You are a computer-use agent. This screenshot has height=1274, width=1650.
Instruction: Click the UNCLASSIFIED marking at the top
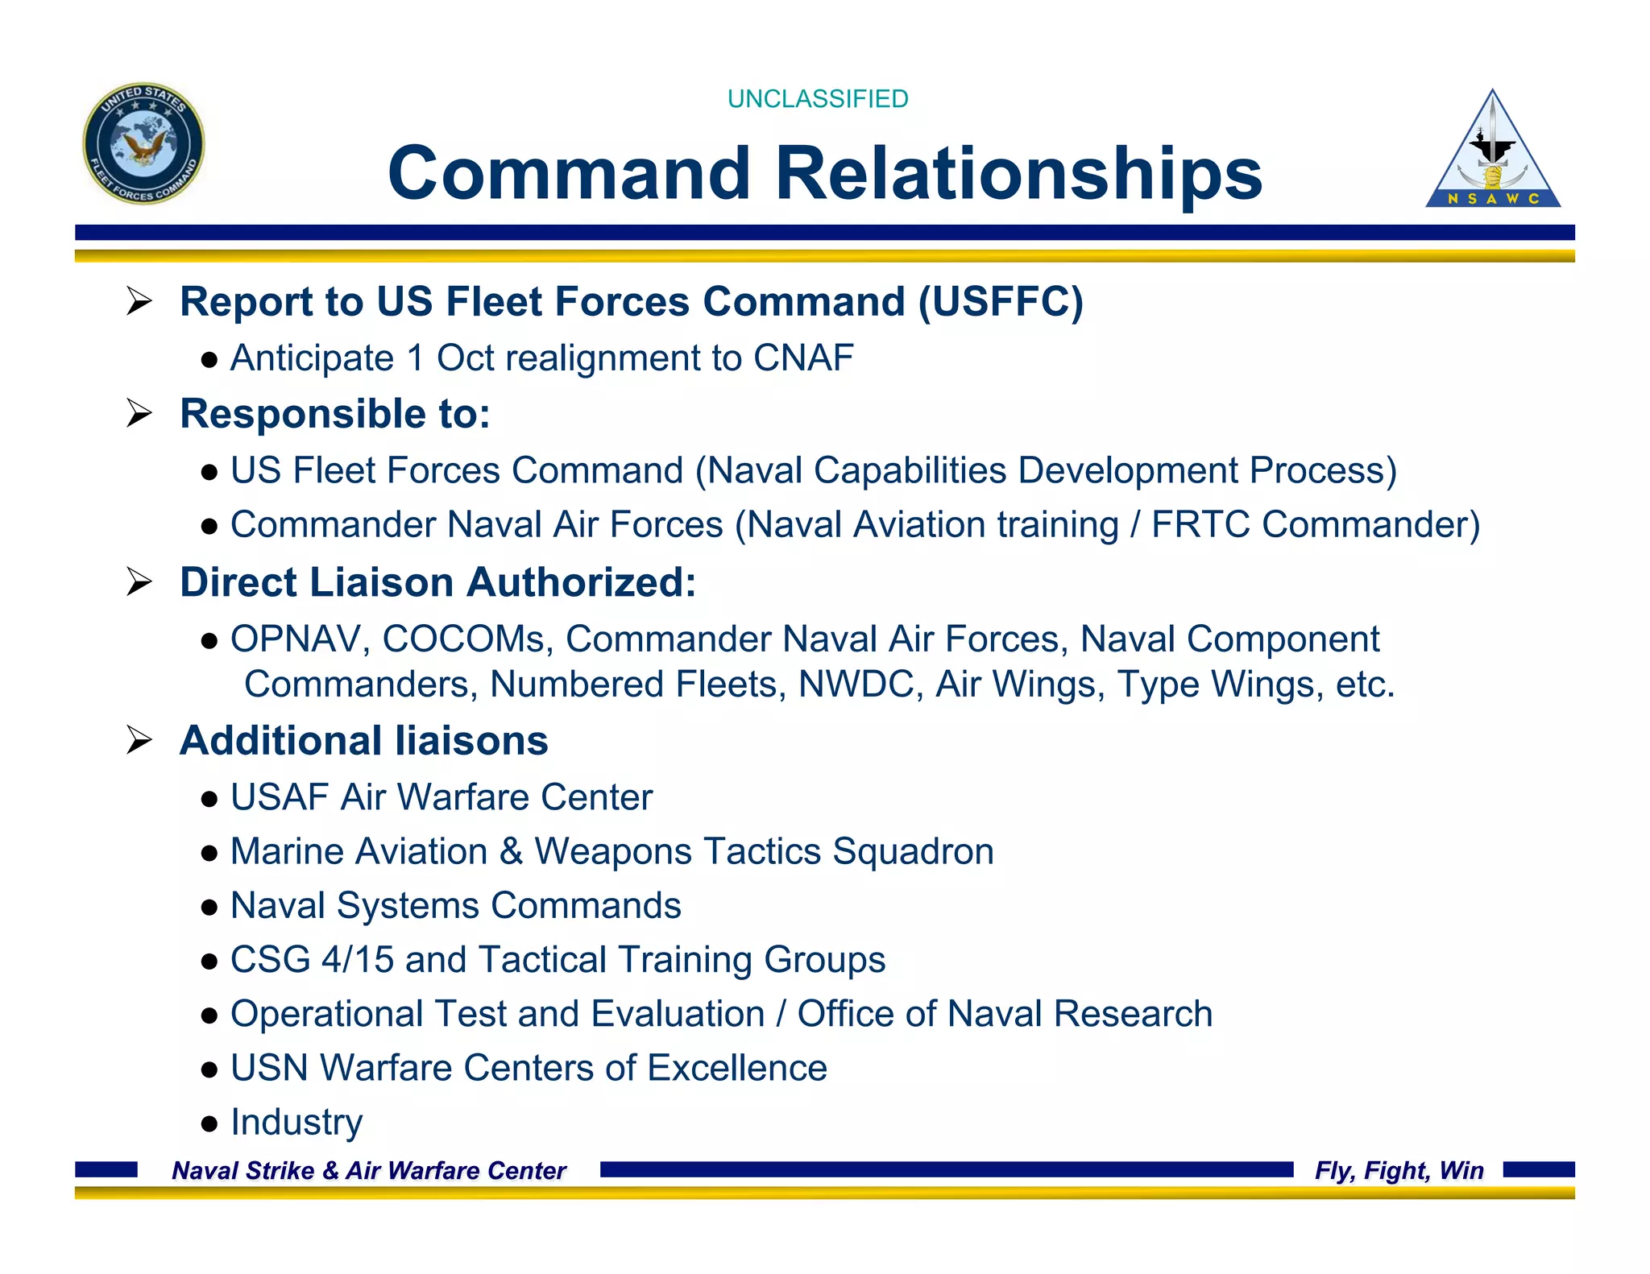pos(817,99)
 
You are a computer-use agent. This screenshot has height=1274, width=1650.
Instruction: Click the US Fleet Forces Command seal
pos(143,143)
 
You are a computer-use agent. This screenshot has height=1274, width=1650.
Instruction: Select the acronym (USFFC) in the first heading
pos(1001,302)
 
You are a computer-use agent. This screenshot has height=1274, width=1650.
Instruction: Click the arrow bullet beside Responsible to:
pos(139,414)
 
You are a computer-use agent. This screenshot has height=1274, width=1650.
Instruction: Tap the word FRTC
pos(1200,525)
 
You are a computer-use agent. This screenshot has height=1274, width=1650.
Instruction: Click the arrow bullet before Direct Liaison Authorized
pos(139,582)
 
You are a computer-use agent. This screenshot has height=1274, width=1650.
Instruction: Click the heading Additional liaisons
pos(363,741)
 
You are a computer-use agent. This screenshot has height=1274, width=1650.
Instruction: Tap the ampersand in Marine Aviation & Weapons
pos(511,852)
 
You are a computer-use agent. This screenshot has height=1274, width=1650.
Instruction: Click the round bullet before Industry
pos(209,1123)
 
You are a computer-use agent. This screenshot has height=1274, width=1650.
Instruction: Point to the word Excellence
pos(736,1069)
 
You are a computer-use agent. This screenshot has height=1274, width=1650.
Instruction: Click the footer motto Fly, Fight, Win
pos(1399,1170)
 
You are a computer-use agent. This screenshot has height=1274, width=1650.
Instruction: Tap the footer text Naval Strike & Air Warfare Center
pos(369,1170)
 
